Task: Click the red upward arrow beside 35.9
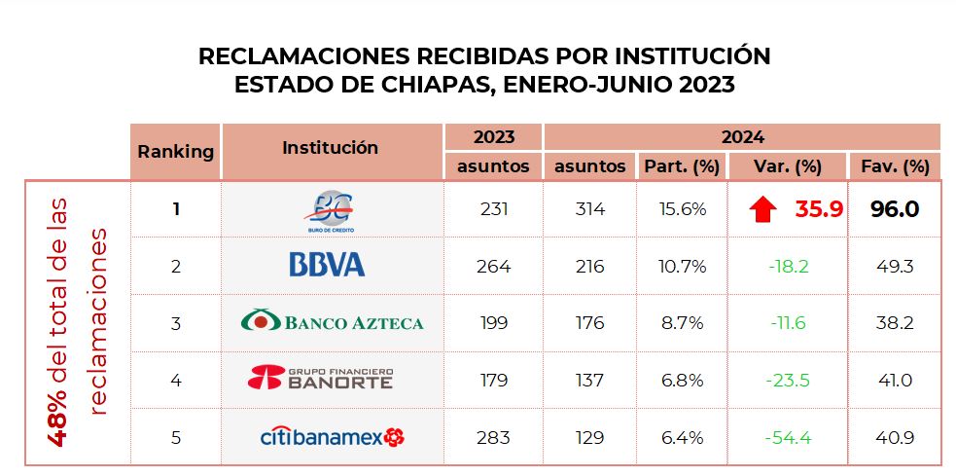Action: coord(764,208)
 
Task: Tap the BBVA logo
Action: coord(327,265)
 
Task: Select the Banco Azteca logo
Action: coord(332,321)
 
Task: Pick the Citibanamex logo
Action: coord(332,437)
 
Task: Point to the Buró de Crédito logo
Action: coord(332,209)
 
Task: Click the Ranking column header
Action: coord(175,151)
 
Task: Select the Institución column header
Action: coord(330,148)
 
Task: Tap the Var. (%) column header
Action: coord(787,166)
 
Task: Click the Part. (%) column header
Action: coord(681,166)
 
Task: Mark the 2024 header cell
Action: coord(742,137)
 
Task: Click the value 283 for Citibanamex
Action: coord(493,437)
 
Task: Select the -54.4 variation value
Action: coord(787,437)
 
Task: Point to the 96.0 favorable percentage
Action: coord(894,209)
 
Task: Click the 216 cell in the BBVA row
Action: coord(589,266)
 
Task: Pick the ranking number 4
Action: coord(175,380)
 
